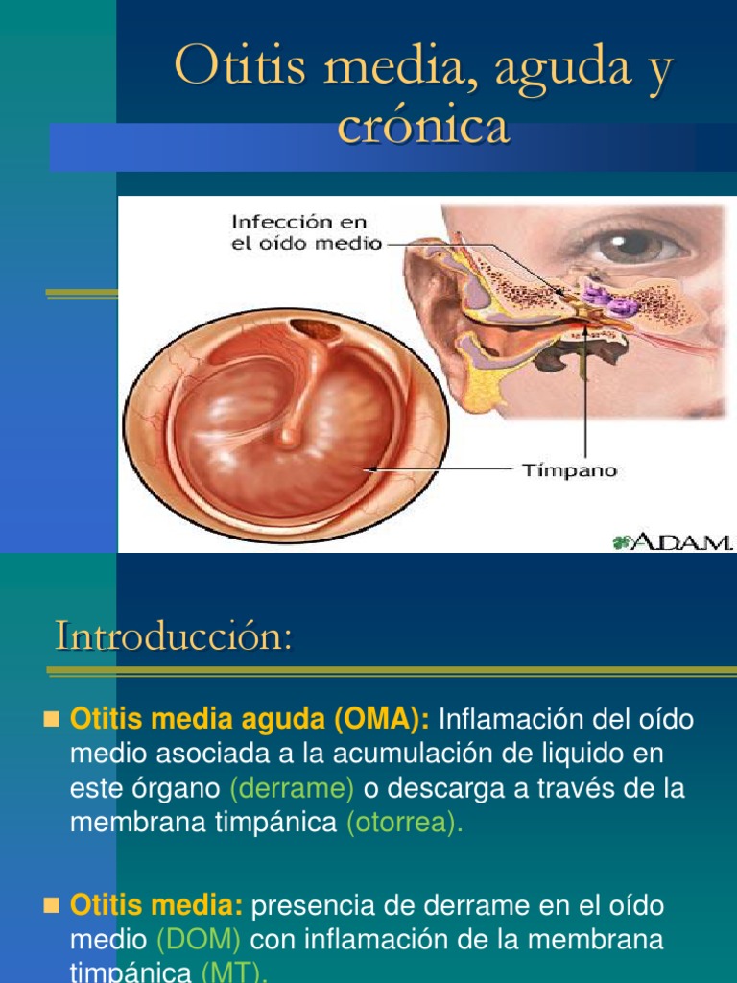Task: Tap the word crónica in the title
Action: coord(423,128)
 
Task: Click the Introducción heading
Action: coord(173,636)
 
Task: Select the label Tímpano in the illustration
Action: coord(569,470)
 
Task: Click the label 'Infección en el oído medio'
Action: coord(306,232)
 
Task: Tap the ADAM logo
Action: coord(672,542)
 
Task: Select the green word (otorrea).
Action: coord(403,822)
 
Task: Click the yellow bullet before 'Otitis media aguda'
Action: coord(53,719)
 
